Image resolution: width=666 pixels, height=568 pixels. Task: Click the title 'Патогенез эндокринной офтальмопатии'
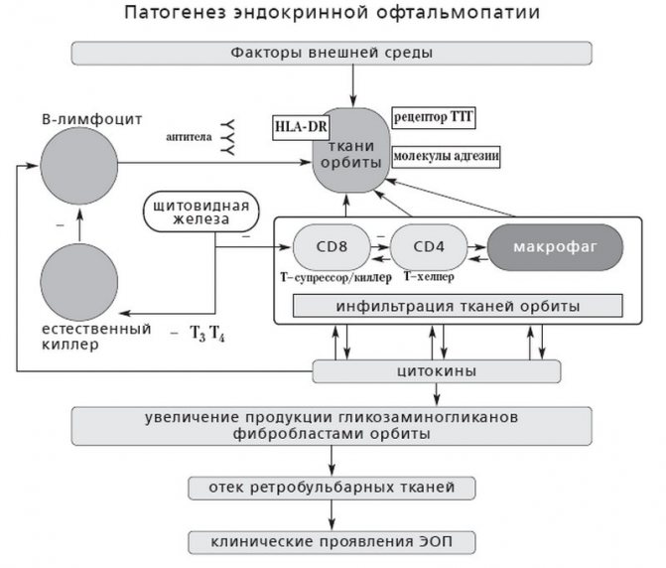pos(333,14)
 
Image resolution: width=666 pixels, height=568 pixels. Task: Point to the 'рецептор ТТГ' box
pos(435,117)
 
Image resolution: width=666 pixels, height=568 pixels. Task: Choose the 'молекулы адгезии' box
pos(446,157)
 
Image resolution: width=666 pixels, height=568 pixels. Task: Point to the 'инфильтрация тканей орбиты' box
pos(457,305)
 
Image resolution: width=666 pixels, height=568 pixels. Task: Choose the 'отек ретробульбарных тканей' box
pos(332,488)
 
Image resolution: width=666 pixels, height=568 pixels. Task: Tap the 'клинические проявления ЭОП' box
pos(332,541)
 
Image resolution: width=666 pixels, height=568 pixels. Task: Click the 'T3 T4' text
pos(207,335)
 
